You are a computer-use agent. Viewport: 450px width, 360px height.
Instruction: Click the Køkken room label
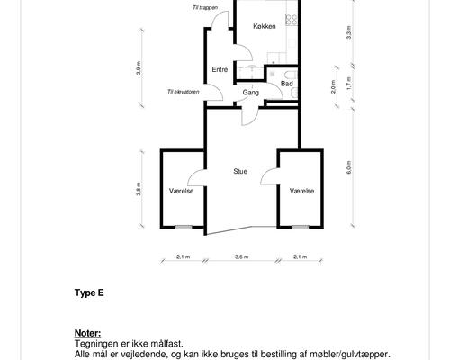pos(265,26)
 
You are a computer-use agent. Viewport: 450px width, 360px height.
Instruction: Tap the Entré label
pos(220,69)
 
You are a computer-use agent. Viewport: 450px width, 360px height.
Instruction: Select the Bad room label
pos(287,84)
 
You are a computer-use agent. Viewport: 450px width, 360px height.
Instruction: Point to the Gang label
pos(251,93)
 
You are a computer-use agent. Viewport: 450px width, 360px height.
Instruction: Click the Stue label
pos(240,171)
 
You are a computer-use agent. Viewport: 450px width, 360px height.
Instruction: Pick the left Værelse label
pos(181,191)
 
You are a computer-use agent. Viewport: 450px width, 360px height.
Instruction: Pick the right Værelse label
pos(301,191)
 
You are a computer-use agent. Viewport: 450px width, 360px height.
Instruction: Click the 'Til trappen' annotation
pos(206,8)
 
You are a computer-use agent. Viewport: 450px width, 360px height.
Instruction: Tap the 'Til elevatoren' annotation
pos(183,92)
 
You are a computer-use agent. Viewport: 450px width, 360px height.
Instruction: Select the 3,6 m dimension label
pos(242,256)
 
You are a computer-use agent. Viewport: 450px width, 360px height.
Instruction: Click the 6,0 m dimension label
pos(349,167)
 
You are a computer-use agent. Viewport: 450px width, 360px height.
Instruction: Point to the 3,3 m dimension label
pos(349,33)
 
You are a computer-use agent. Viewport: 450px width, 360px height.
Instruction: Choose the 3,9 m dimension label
pos(138,67)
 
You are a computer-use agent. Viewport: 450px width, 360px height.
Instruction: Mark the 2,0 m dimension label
pos(333,86)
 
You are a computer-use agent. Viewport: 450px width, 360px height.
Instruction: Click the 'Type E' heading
pos(89,292)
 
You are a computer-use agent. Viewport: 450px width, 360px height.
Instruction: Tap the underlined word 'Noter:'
pos(87,333)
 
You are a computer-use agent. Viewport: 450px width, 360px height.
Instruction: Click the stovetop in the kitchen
pos(292,20)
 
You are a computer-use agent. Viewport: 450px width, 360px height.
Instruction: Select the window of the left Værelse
pos(184,227)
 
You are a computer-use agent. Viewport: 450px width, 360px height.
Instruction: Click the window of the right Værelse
pos(301,227)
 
